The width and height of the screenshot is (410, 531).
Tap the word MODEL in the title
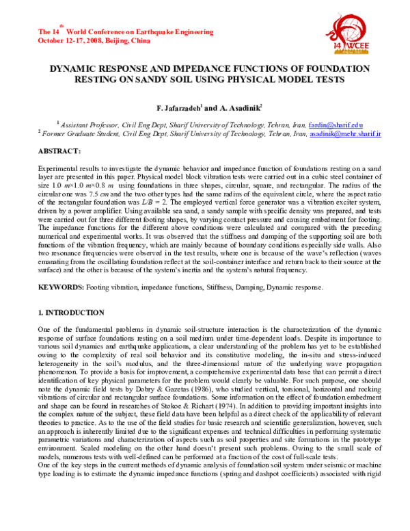tap(294, 79)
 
